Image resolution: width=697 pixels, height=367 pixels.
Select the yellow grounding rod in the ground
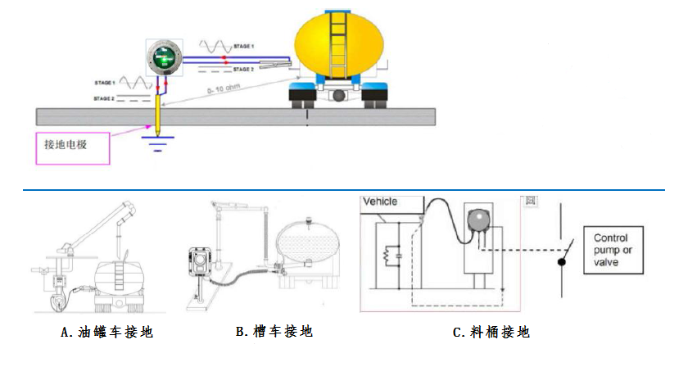point(156,114)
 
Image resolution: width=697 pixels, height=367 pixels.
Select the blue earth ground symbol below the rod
point(156,145)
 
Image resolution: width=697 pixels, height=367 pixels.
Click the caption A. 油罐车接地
point(106,333)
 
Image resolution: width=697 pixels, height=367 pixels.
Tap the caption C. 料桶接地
point(491,333)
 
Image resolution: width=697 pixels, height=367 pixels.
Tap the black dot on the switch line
point(561,262)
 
